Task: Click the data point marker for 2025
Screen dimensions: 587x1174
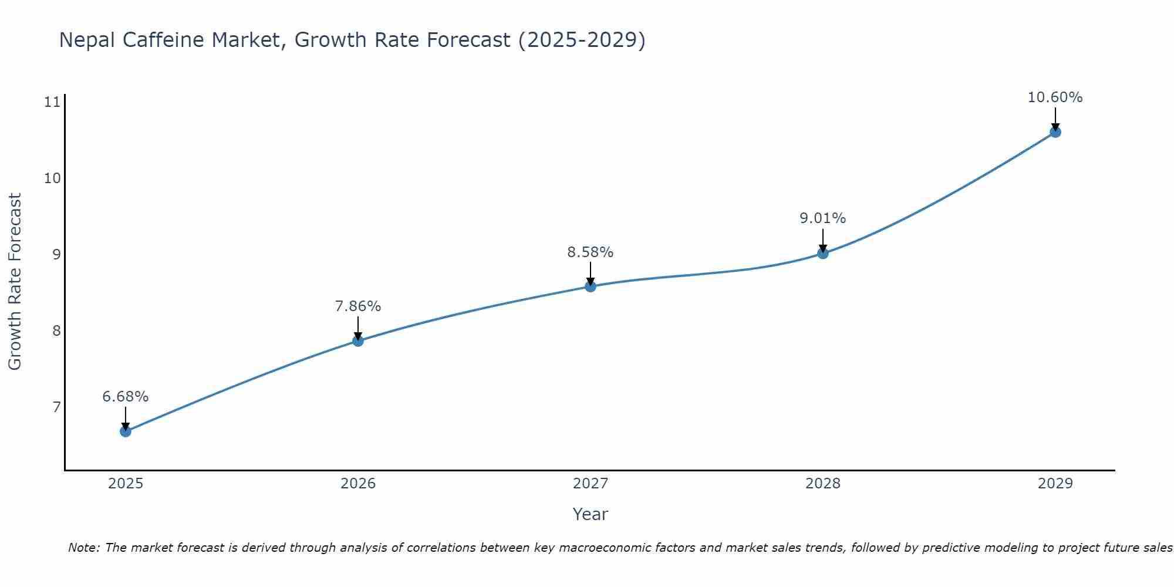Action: [x=126, y=431]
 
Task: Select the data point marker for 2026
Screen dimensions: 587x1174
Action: [x=358, y=341]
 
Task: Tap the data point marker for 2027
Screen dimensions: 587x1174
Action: [x=591, y=286]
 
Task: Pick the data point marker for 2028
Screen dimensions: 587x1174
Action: [x=823, y=254]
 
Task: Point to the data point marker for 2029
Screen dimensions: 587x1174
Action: [x=1055, y=132]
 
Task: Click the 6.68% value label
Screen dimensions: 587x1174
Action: [x=126, y=397]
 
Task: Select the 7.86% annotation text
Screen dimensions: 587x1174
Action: [x=358, y=306]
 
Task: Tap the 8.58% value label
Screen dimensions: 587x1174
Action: [x=591, y=252]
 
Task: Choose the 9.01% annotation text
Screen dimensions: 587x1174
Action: [x=823, y=218]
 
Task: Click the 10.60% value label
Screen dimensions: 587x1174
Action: [x=1055, y=97]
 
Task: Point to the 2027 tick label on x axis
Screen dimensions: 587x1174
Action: [x=591, y=484]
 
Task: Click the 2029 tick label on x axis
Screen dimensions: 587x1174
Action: [x=1055, y=484]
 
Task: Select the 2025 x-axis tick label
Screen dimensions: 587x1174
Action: [x=126, y=484]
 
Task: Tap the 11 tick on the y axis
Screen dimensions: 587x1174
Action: [x=52, y=102]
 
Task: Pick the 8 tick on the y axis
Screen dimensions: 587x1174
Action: [x=56, y=331]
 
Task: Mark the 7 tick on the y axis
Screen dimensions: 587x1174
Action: [x=56, y=407]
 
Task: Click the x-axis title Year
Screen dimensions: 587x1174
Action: [x=591, y=514]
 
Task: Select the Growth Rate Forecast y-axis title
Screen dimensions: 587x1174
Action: [x=15, y=282]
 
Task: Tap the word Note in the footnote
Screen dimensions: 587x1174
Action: [x=83, y=548]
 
